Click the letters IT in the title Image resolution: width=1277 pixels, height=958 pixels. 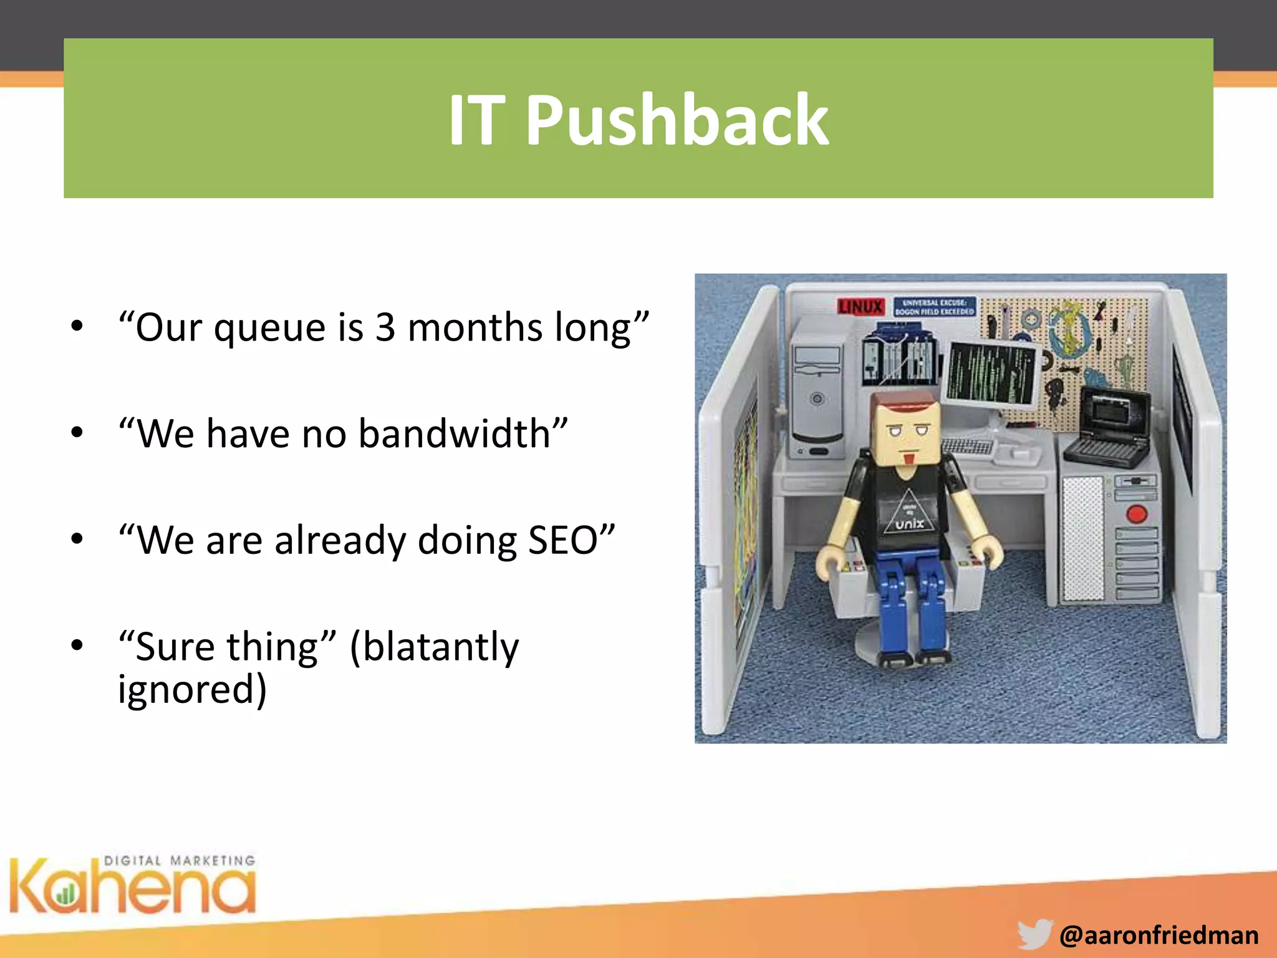tap(476, 120)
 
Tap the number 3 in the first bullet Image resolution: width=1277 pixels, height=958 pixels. tap(385, 327)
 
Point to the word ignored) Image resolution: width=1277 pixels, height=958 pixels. tap(192, 690)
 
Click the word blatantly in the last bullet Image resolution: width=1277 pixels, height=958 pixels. tap(434, 647)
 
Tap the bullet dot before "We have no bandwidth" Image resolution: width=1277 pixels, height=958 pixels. tap(77, 432)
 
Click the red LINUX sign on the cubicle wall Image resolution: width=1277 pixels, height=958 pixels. tap(860, 307)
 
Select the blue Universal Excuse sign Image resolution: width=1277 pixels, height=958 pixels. tap(934, 307)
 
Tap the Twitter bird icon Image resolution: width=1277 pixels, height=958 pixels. tap(1035, 934)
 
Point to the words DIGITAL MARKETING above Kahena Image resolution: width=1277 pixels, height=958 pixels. tap(180, 861)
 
